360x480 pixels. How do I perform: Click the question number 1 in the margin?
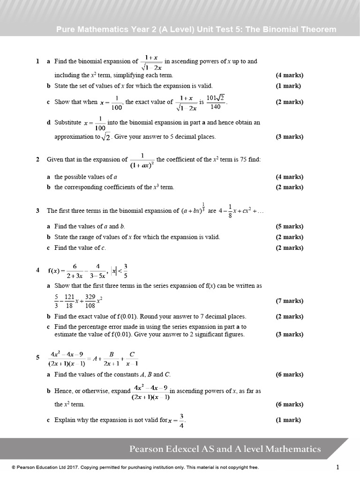click(x=37, y=61)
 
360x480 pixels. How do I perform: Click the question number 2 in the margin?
click(x=37, y=159)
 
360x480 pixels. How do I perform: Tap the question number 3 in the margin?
click(x=37, y=211)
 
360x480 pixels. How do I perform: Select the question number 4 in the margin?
click(x=37, y=270)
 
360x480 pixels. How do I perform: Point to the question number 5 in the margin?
click(x=37, y=358)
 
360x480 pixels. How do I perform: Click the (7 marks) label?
click(x=289, y=301)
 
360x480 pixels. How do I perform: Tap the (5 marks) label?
click(x=289, y=226)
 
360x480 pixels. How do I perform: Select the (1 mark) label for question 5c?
click(x=288, y=420)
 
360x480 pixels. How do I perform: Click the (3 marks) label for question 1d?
click(x=289, y=137)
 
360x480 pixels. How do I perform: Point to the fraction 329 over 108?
click(x=90, y=301)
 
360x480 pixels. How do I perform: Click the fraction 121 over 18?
click(x=69, y=301)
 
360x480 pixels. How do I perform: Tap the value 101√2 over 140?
click(x=216, y=102)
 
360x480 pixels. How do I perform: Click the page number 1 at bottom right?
click(x=337, y=467)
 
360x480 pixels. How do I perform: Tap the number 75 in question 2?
click(x=243, y=159)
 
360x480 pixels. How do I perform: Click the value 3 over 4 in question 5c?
click(x=182, y=420)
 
